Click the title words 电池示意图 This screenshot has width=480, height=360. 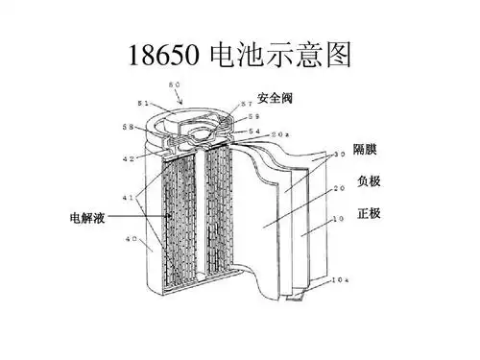point(277,55)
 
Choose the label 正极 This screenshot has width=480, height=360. point(367,212)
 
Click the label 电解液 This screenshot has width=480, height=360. point(86,217)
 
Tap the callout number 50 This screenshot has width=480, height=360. point(175,86)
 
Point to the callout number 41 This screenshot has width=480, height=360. point(128,198)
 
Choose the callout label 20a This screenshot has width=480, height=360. point(276,133)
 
